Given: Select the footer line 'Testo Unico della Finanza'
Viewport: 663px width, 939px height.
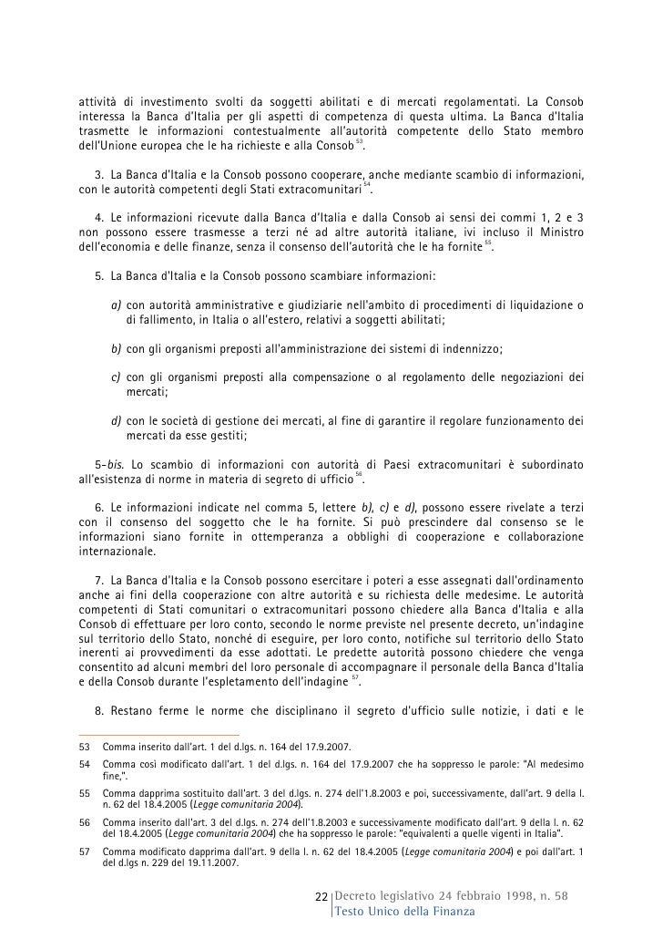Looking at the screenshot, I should click(x=404, y=913).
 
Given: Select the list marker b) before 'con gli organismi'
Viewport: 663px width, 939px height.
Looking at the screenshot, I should click(x=117, y=348).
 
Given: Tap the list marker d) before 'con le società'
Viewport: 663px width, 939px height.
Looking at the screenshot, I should click(x=117, y=420).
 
